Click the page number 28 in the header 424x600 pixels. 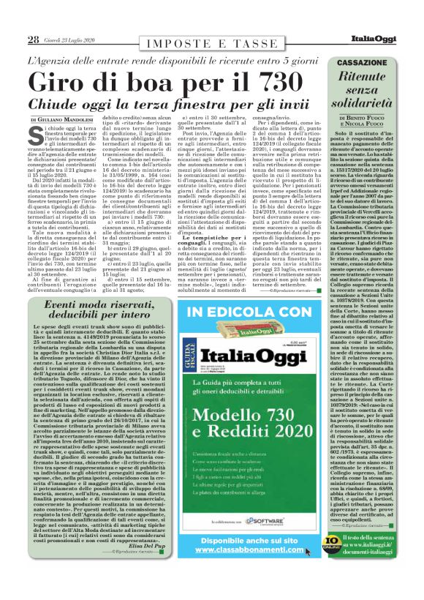[34, 39]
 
